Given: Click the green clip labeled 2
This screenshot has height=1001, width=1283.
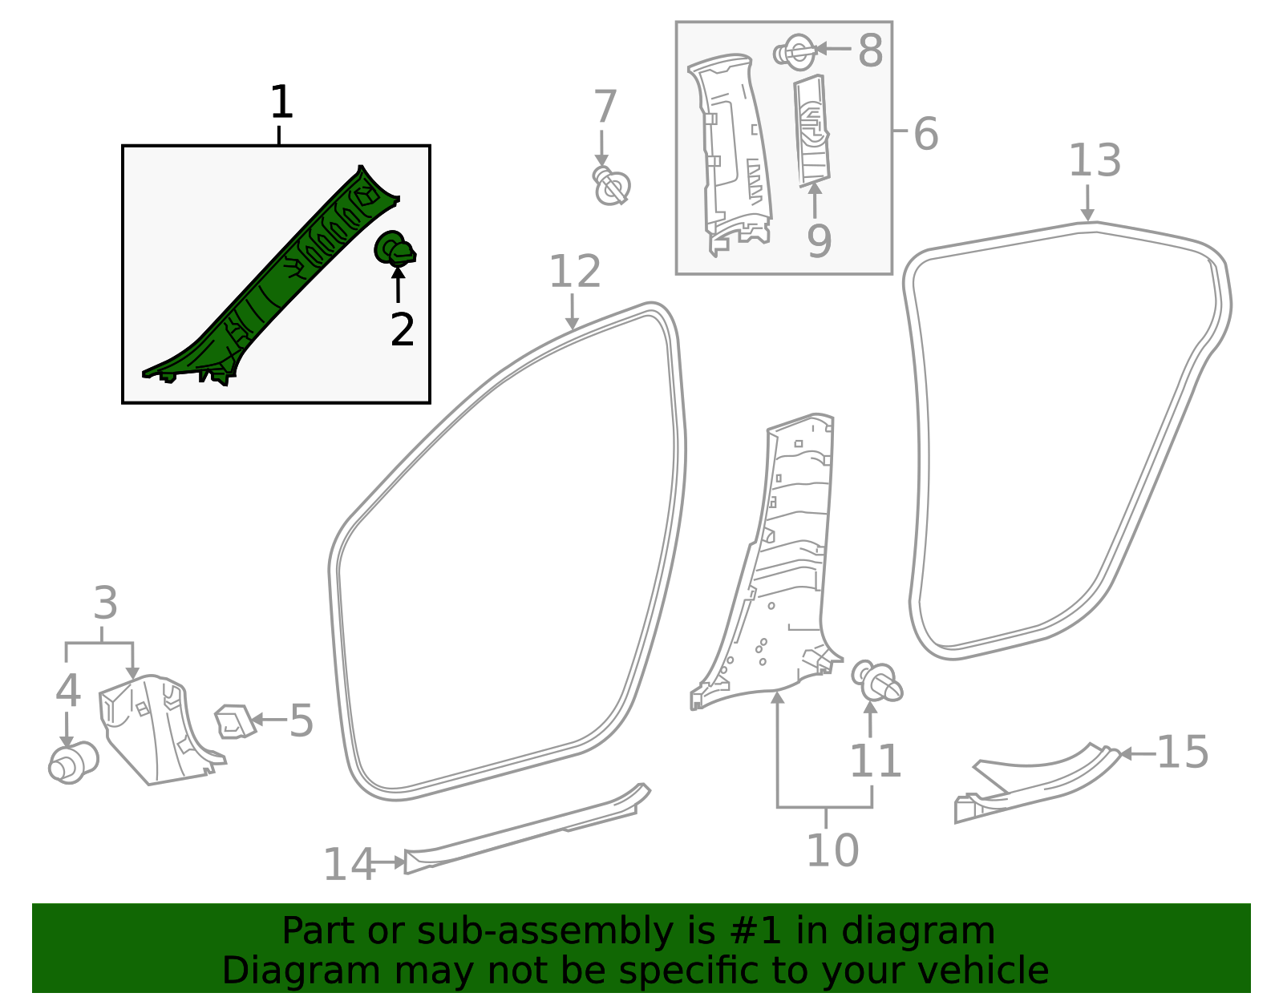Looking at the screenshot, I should [395, 249].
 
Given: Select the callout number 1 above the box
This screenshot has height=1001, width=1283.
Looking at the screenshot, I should [281, 103].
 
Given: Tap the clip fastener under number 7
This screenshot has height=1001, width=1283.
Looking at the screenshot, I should [612, 188].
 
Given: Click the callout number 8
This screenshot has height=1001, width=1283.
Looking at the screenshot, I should [870, 50].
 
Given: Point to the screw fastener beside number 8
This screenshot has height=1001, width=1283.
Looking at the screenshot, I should [795, 53].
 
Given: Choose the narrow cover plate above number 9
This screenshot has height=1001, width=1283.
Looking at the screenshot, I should [812, 131].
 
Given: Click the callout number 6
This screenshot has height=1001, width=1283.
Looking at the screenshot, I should [925, 134].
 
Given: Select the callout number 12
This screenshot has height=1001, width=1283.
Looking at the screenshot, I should [574, 272].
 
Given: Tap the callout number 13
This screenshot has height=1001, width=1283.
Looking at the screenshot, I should [1095, 160].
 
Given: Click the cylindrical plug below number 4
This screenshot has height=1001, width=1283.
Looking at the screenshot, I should [72, 762].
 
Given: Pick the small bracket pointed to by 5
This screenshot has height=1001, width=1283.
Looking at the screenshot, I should [234, 721].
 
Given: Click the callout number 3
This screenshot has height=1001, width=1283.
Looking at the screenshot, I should [105, 603].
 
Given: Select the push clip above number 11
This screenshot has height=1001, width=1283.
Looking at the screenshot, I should [877, 681].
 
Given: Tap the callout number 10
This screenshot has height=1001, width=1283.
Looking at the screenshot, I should [832, 850].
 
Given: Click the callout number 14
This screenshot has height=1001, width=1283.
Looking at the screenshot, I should [349, 864].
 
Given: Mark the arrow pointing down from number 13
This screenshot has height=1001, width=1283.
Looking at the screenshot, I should [1087, 204].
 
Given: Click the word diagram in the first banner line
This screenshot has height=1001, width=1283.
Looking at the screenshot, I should [934, 931].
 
